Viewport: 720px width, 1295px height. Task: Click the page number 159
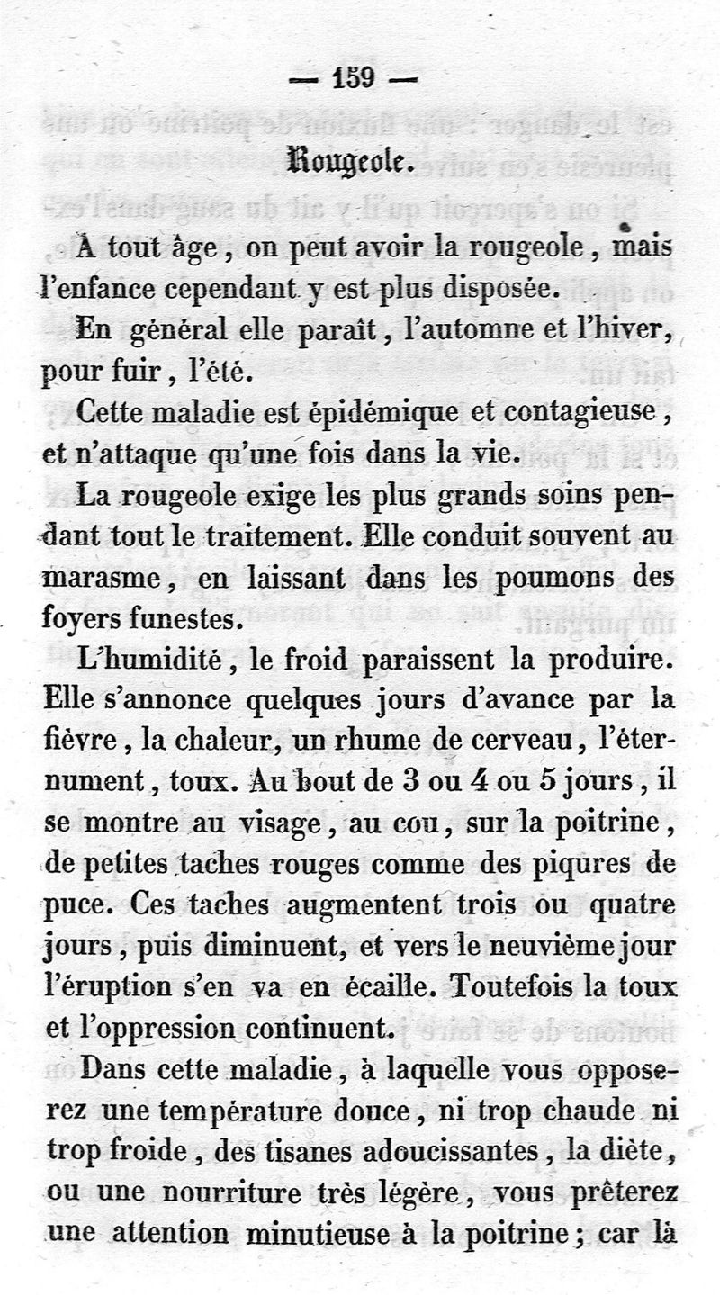(x=352, y=79)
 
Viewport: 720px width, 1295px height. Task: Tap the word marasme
(x=101, y=578)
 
